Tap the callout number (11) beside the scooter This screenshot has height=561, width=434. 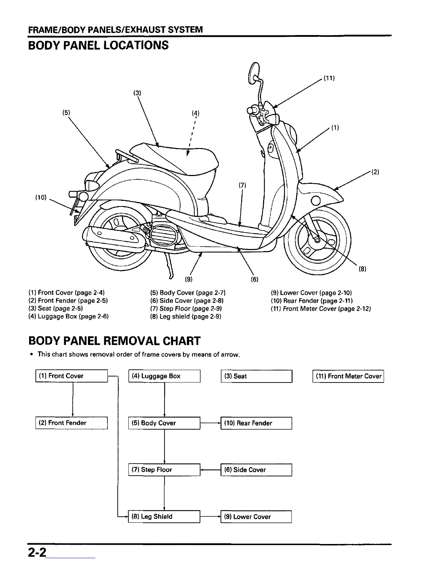point(329,78)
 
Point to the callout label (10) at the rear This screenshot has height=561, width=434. point(41,197)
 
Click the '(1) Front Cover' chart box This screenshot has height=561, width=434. point(72,376)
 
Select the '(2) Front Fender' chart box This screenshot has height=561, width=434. point(72,423)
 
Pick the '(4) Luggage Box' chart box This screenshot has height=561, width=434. point(164,376)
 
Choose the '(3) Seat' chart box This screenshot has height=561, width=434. point(256,376)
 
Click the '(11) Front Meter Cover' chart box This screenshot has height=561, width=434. point(348,376)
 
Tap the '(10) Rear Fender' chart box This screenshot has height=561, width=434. point(256,423)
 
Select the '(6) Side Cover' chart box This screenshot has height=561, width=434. point(256,470)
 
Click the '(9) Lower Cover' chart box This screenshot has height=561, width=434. point(256,517)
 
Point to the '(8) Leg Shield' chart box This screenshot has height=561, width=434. point(164,517)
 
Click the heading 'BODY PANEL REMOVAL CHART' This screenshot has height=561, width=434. point(114,341)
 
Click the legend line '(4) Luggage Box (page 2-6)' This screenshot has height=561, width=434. point(68,316)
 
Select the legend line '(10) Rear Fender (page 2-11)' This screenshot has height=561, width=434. point(312,301)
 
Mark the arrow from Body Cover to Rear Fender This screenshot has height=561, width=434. point(211,423)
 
